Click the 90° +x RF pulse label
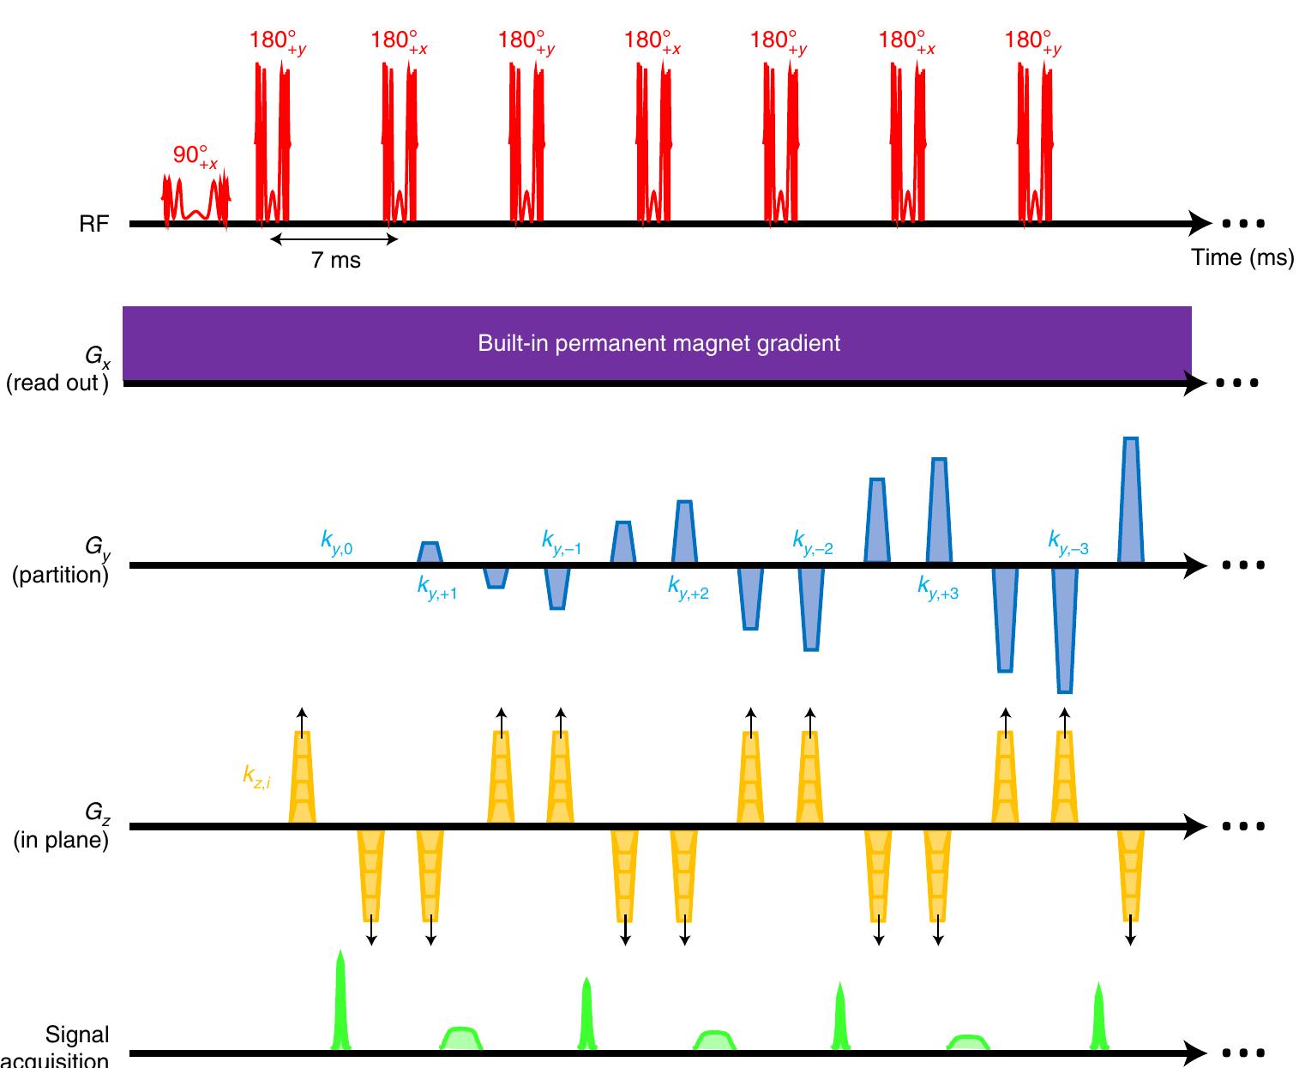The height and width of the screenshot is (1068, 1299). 195,156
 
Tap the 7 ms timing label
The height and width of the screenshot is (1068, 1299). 336,260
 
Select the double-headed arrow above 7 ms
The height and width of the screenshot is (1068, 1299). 334,238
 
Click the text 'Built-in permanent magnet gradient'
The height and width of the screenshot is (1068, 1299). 659,344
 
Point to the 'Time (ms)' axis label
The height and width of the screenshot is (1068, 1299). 1242,257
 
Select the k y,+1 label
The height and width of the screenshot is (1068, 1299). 436,588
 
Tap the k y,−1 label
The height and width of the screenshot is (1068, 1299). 561,542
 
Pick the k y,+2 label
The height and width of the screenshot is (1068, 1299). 688,588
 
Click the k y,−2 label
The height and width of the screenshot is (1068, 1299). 812,542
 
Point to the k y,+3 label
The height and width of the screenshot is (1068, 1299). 937,588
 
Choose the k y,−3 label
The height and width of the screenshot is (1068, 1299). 1067,542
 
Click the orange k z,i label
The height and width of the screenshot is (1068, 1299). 256,778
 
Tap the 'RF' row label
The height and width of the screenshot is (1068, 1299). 96,225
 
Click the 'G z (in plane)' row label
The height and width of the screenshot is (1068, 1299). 61,825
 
